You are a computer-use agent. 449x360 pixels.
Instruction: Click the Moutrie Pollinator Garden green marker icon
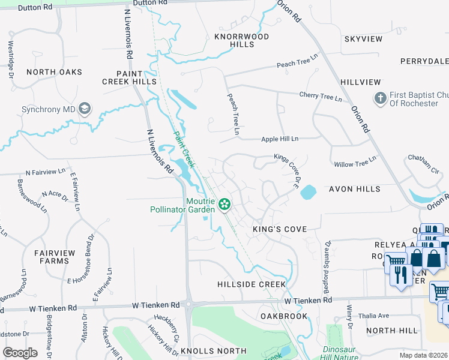(224, 205)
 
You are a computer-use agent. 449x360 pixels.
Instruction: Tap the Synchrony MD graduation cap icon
(84, 109)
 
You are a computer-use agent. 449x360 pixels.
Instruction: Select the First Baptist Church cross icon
(380, 98)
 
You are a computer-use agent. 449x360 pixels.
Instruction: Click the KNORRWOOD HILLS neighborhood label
(242, 40)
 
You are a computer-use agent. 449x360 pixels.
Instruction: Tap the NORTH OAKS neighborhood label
(54, 72)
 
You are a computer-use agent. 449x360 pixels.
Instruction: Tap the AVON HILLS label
(354, 189)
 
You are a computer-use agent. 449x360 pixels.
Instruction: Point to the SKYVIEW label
(363, 39)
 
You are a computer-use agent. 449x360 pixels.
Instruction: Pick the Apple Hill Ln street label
(280, 139)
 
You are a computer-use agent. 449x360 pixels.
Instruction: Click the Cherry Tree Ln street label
(320, 96)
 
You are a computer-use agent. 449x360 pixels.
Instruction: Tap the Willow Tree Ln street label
(355, 161)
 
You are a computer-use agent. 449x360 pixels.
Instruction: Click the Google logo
(20, 352)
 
